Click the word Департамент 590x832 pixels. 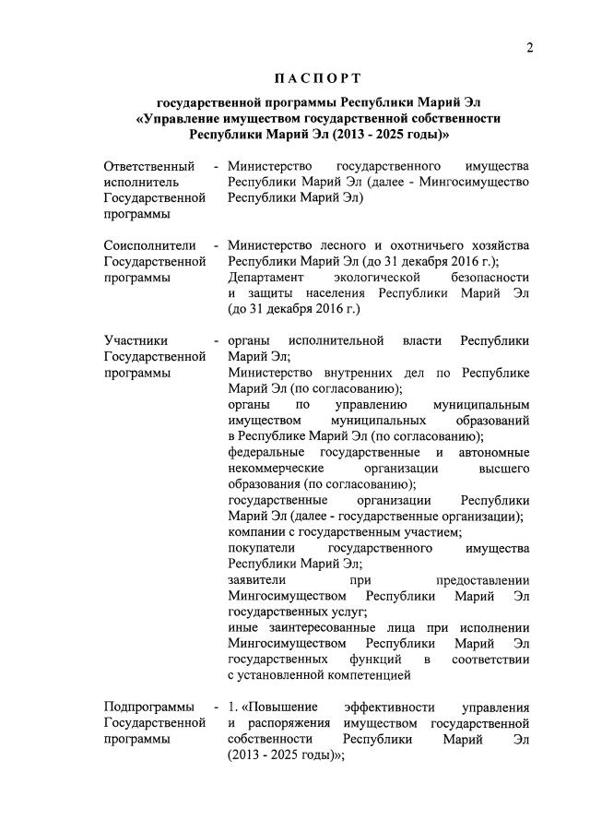pyautogui.click(x=265, y=278)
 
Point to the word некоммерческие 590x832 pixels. pyautogui.click(x=277, y=468)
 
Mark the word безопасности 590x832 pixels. pyautogui.click(x=490, y=278)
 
